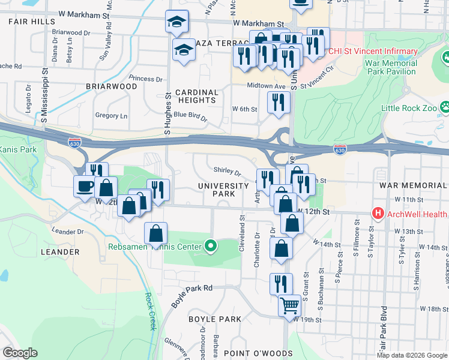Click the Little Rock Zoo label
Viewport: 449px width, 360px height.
point(409,109)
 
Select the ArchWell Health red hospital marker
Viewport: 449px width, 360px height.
point(378,212)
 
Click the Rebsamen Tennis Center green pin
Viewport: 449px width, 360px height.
point(210,245)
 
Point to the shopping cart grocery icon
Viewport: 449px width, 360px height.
point(289,307)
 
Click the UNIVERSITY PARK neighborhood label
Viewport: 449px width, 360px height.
point(223,190)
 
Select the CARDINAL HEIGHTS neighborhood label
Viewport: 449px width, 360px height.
point(196,97)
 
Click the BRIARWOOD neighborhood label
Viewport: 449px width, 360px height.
point(111,86)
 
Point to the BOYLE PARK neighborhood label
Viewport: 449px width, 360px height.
point(214,319)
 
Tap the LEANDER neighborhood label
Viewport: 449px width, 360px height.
point(60,252)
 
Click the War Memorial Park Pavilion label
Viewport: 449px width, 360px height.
point(390,67)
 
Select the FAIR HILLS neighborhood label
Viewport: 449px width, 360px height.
point(32,22)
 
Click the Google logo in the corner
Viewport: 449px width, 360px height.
point(20,353)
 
